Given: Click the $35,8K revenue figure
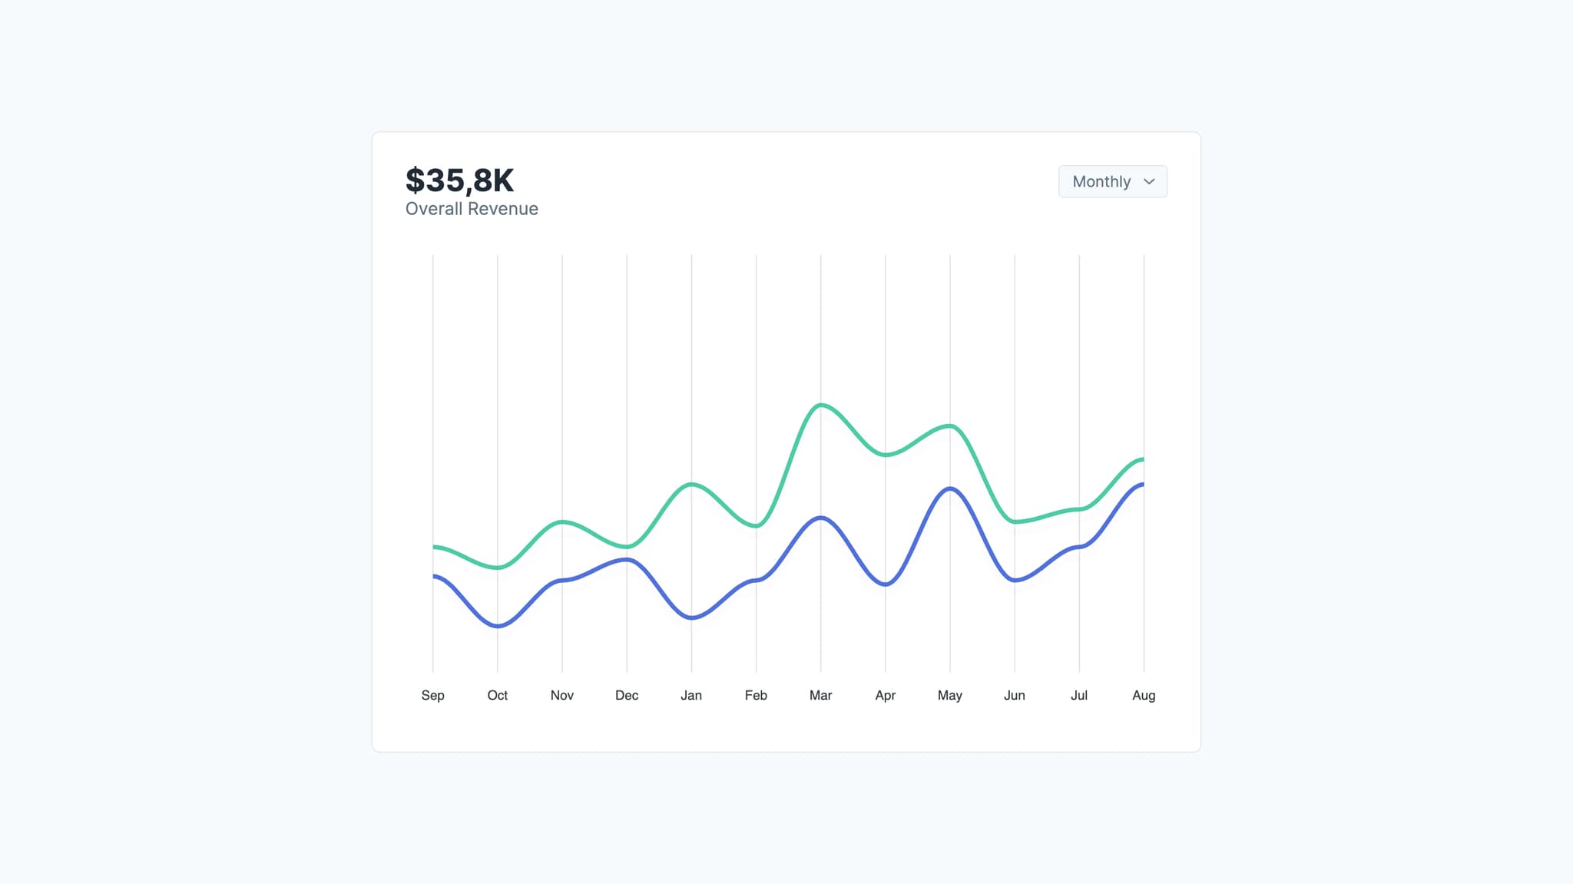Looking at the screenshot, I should coord(459,180).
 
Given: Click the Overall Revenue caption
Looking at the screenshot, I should coord(472,209).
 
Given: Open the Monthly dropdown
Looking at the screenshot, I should coord(1111,181).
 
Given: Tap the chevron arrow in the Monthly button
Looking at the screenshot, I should coord(1149,182).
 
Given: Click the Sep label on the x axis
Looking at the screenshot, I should coord(432,695).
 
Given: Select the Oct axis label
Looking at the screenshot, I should coord(497,695).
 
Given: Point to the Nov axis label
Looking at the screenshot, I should coord(561,695).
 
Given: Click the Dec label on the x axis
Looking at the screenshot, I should coord(627,695).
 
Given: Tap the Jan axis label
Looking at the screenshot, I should coord(691,695).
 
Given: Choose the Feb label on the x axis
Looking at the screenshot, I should coord(756,695).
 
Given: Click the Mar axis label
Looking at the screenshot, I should coord(820,695).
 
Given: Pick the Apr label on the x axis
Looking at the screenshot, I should coord(885,695).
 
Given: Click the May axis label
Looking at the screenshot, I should coord(949,695).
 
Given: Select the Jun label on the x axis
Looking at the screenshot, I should coord(1014,695).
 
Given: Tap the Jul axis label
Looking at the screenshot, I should coord(1079,695).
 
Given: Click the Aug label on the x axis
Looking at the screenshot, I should coord(1144,695).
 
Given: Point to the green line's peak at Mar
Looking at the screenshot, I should coord(821,405).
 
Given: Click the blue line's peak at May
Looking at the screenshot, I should coord(950,488).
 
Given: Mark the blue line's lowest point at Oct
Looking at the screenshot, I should coord(498,626).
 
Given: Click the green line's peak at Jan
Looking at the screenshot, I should coord(691,484).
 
